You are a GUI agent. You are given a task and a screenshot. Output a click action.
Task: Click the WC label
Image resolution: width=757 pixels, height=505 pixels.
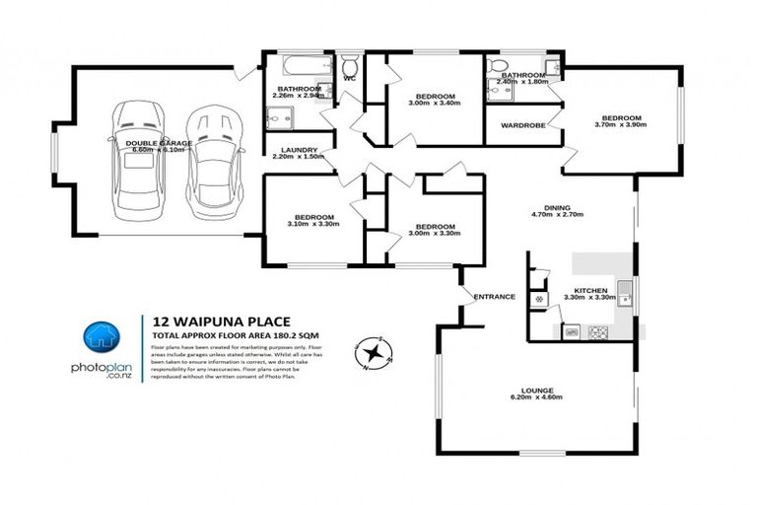[x=349, y=78]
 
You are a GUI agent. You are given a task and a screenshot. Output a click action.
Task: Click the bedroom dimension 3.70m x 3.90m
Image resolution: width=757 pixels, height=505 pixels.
[x=621, y=125]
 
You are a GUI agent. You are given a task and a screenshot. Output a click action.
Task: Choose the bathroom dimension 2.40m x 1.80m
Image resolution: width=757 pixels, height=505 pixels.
[x=523, y=83]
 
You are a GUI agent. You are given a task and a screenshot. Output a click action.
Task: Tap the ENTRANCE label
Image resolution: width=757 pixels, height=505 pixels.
[x=494, y=296]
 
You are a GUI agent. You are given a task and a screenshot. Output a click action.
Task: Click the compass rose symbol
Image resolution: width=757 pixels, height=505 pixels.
[x=375, y=351]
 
